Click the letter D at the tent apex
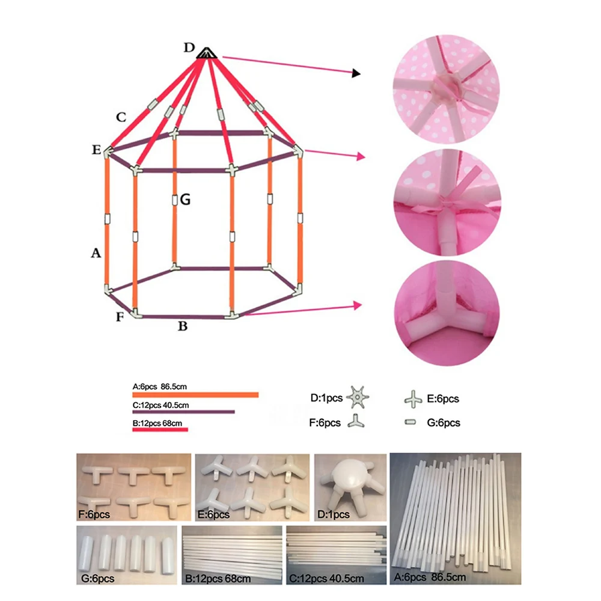190,48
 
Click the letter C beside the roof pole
121,117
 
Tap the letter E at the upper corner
96,150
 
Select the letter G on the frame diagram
185,200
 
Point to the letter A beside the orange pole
95,254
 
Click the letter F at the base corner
120,316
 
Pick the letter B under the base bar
183,327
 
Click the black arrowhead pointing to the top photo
356,73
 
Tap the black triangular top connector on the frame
206,53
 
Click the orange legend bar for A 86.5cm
195,395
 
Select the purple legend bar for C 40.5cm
183,412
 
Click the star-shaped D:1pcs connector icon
359,397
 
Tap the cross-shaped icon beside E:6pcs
412,398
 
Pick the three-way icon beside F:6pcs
357,422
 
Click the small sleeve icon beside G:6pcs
411,423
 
